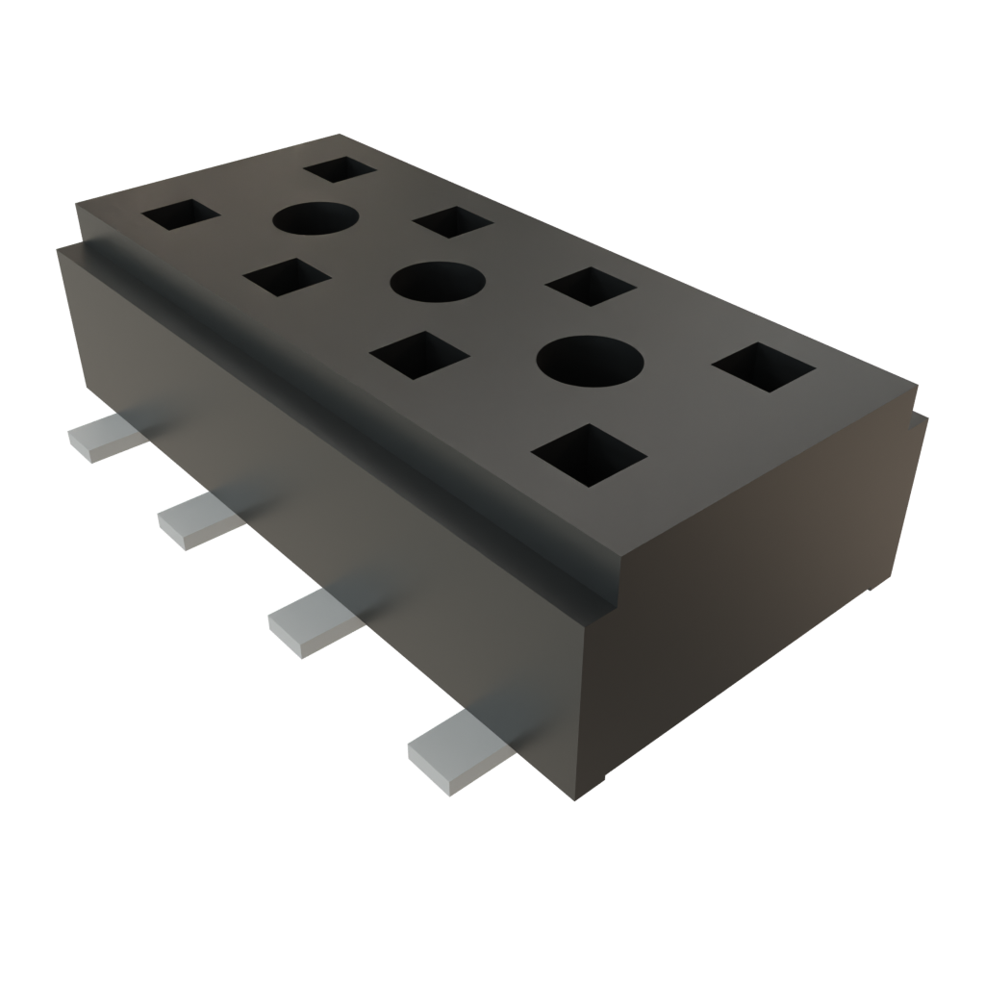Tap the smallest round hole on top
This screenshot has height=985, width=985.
[x=315, y=219]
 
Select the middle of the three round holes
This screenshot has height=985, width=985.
[x=438, y=283]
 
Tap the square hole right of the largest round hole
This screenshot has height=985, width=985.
[x=765, y=367]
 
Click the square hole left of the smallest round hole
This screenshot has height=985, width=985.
[x=181, y=215]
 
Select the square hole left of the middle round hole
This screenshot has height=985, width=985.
[x=287, y=278]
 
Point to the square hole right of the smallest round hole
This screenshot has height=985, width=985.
[x=453, y=221]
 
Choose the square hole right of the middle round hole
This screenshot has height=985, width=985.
[x=590, y=287]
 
